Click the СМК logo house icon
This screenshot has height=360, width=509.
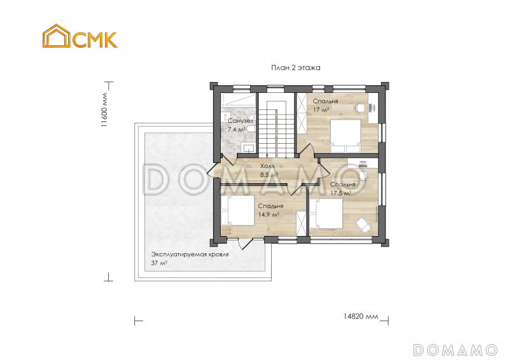click(x=57, y=36)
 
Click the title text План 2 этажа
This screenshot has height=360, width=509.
click(x=296, y=68)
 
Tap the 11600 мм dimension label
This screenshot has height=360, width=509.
click(x=104, y=110)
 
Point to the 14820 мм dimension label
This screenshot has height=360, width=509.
click(x=361, y=316)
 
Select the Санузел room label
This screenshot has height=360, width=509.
click(x=241, y=121)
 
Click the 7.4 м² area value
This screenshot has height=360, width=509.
click(x=236, y=129)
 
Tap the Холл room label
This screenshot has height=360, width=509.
click(x=267, y=166)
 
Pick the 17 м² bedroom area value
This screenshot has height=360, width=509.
click(x=321, y=110)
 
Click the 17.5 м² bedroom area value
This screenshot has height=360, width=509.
click(x=340, y=193)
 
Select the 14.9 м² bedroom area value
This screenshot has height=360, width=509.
click(x=268, y=214)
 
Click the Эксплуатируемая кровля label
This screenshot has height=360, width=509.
click(x=190, y=254)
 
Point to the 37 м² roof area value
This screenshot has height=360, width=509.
click(x=159, y=263)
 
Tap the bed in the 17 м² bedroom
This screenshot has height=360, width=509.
click(x=345, y=136)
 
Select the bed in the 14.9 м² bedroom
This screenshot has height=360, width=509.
click(x=237, y=211)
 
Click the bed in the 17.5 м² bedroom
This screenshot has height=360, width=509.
click(x=326, y=214)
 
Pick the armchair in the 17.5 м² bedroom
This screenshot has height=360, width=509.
click(x=363, y=225)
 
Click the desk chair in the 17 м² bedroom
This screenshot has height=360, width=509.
click(x=359, y=107)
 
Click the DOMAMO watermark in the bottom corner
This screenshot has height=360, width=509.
click(x=455, y=350)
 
